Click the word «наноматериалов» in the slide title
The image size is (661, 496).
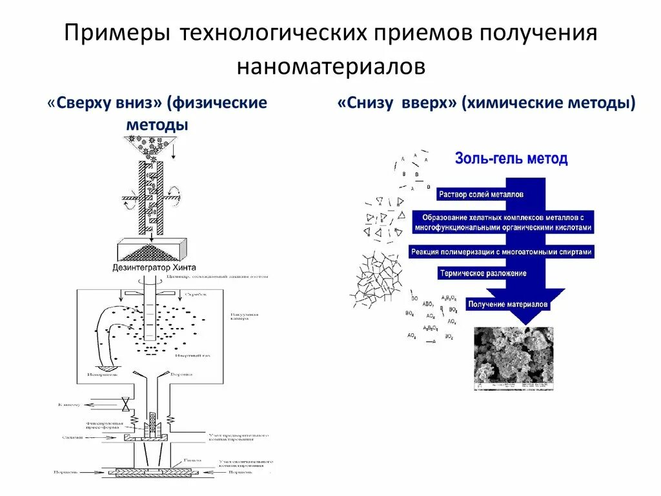(x=330, y=67)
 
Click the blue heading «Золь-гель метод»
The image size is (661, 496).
(x=511, y=159)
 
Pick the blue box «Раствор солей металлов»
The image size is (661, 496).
(x=481, y=194)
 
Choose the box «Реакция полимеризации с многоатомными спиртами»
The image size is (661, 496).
(x=501, y=252)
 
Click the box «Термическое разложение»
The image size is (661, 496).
(x=483, y=273)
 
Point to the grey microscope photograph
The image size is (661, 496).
(x=513, y=358)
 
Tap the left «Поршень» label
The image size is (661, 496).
(x=66, y=472)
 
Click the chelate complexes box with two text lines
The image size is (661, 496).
(x=503, y=222)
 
